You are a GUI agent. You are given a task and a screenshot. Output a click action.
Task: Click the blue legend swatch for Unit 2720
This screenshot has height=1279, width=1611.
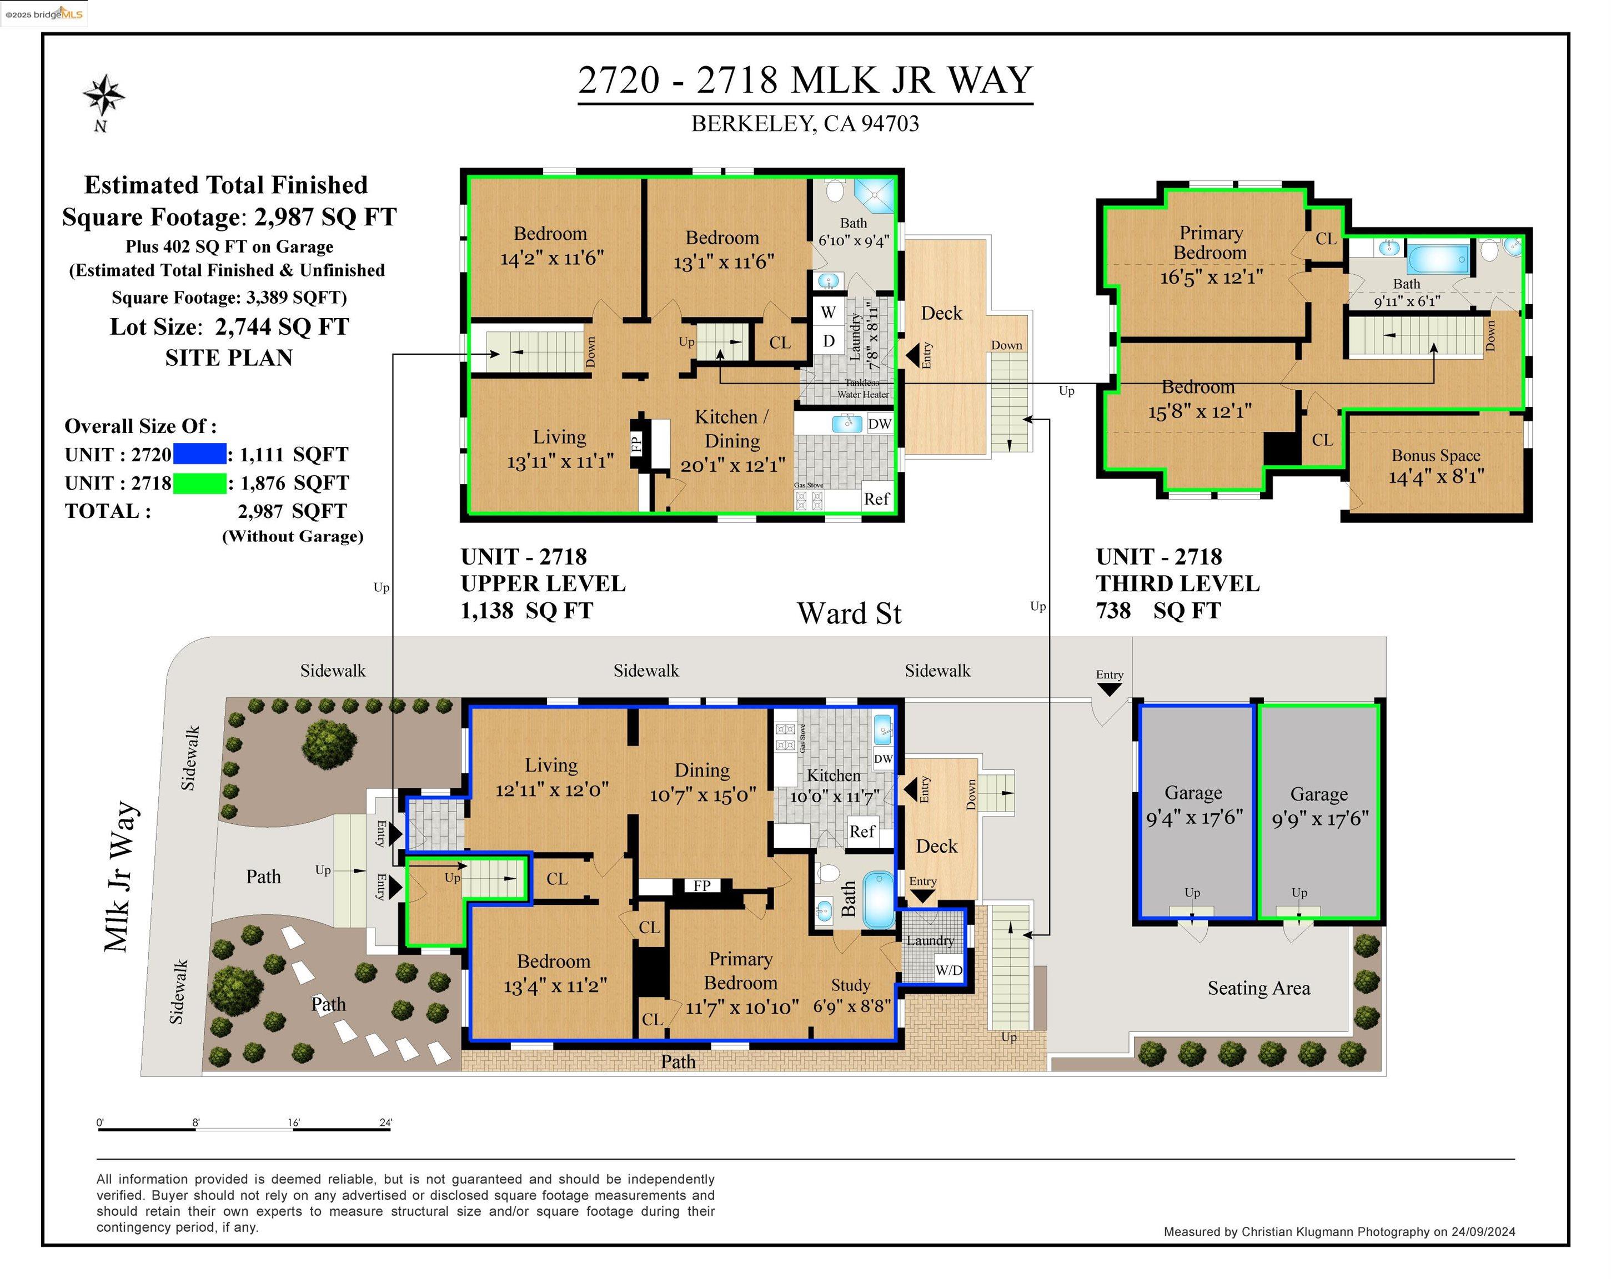pos(199,454)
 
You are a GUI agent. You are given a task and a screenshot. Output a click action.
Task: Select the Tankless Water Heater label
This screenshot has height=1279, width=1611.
pos(862,389)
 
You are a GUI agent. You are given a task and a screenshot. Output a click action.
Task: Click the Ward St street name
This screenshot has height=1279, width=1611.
pos(849,613)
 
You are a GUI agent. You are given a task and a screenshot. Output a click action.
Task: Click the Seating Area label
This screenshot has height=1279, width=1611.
pos(1258,988)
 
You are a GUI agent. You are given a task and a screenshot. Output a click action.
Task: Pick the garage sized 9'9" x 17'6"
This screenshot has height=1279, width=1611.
pos(1319,807)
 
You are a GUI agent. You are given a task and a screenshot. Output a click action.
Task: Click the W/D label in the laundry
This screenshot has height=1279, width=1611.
pos(949,970)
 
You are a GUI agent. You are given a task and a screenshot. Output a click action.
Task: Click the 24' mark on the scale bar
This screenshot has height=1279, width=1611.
pos(385,1122)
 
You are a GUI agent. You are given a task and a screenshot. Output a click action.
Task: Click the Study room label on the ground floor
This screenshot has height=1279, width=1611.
pos(850,985)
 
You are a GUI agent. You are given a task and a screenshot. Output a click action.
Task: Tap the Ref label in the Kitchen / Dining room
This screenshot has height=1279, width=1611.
pos(876,499)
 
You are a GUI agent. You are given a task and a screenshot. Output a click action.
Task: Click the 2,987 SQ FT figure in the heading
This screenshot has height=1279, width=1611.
pos(325,218)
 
